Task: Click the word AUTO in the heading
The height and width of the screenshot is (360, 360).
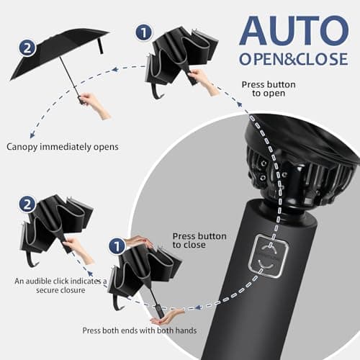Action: [293, 30]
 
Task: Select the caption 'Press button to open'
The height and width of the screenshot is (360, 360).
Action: [268, 89]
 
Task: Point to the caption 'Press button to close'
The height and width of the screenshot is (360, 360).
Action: [199, 240]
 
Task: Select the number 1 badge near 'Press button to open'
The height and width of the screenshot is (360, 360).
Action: [143, 32]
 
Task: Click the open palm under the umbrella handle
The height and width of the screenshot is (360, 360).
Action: [166, 317]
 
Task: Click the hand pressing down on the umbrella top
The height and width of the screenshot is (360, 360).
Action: [139, 243]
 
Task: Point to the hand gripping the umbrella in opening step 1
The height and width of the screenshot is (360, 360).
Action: [204, 82]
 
